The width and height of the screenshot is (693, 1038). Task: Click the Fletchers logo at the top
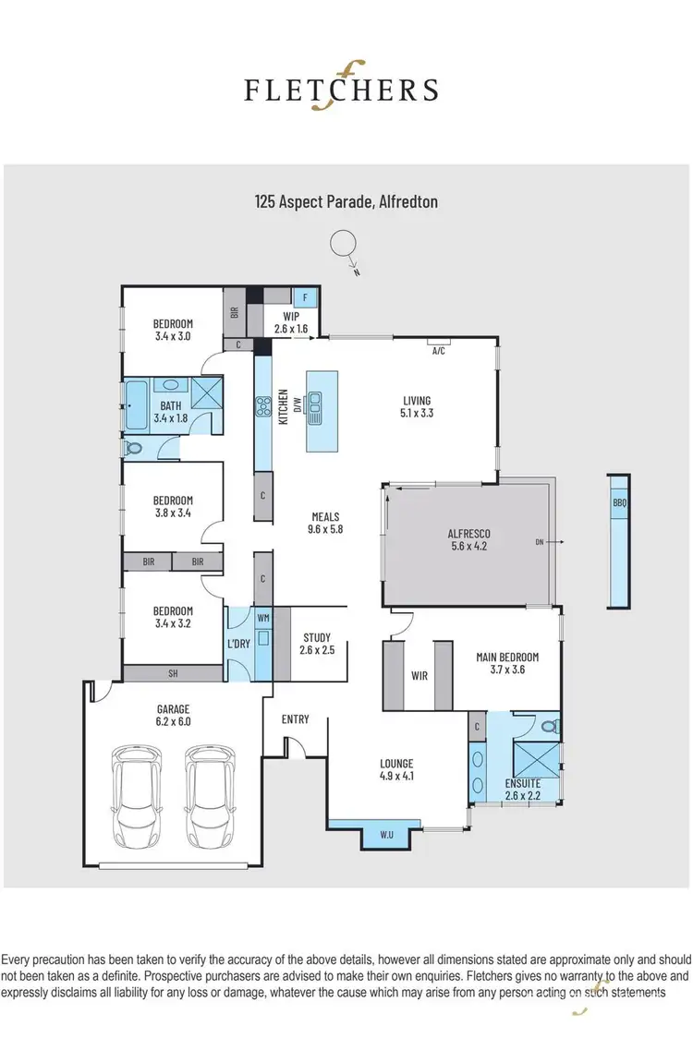click(x=341, y=90)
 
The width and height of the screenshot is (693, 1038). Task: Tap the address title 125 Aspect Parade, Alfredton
click(x=346, y=200)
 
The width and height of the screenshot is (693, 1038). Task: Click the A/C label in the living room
click(x=440, y=352)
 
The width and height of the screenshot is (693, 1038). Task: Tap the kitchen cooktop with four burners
click(x=263, y=407)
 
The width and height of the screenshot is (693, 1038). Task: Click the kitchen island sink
click(x=316, y=404)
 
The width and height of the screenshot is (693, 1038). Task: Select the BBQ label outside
click(x=618, y=504)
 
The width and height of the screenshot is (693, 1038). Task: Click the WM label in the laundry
click(x=262, y=616)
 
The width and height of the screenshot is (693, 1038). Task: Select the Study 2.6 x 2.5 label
click(x=316, y=644)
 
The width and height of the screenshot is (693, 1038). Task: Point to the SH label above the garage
click(x=173, y=674)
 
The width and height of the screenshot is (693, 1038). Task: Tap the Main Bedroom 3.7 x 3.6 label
click(x=506, y=663)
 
